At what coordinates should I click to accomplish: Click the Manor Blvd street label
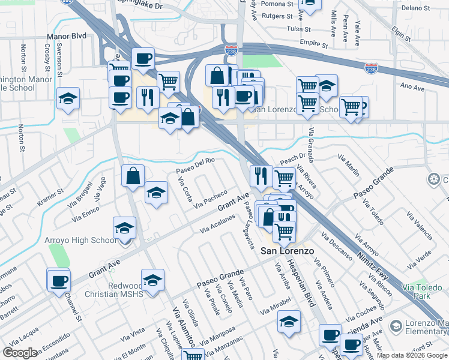click(x=66, y=36)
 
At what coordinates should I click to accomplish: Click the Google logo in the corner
click(x=20, y=353)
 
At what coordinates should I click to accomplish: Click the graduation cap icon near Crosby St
click(x=68, y=98)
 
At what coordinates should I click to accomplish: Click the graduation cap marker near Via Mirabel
click(x=289, y=322)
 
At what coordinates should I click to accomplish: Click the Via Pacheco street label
click(x=210, y=200)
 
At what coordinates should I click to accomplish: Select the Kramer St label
click(x=50, y=198)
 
